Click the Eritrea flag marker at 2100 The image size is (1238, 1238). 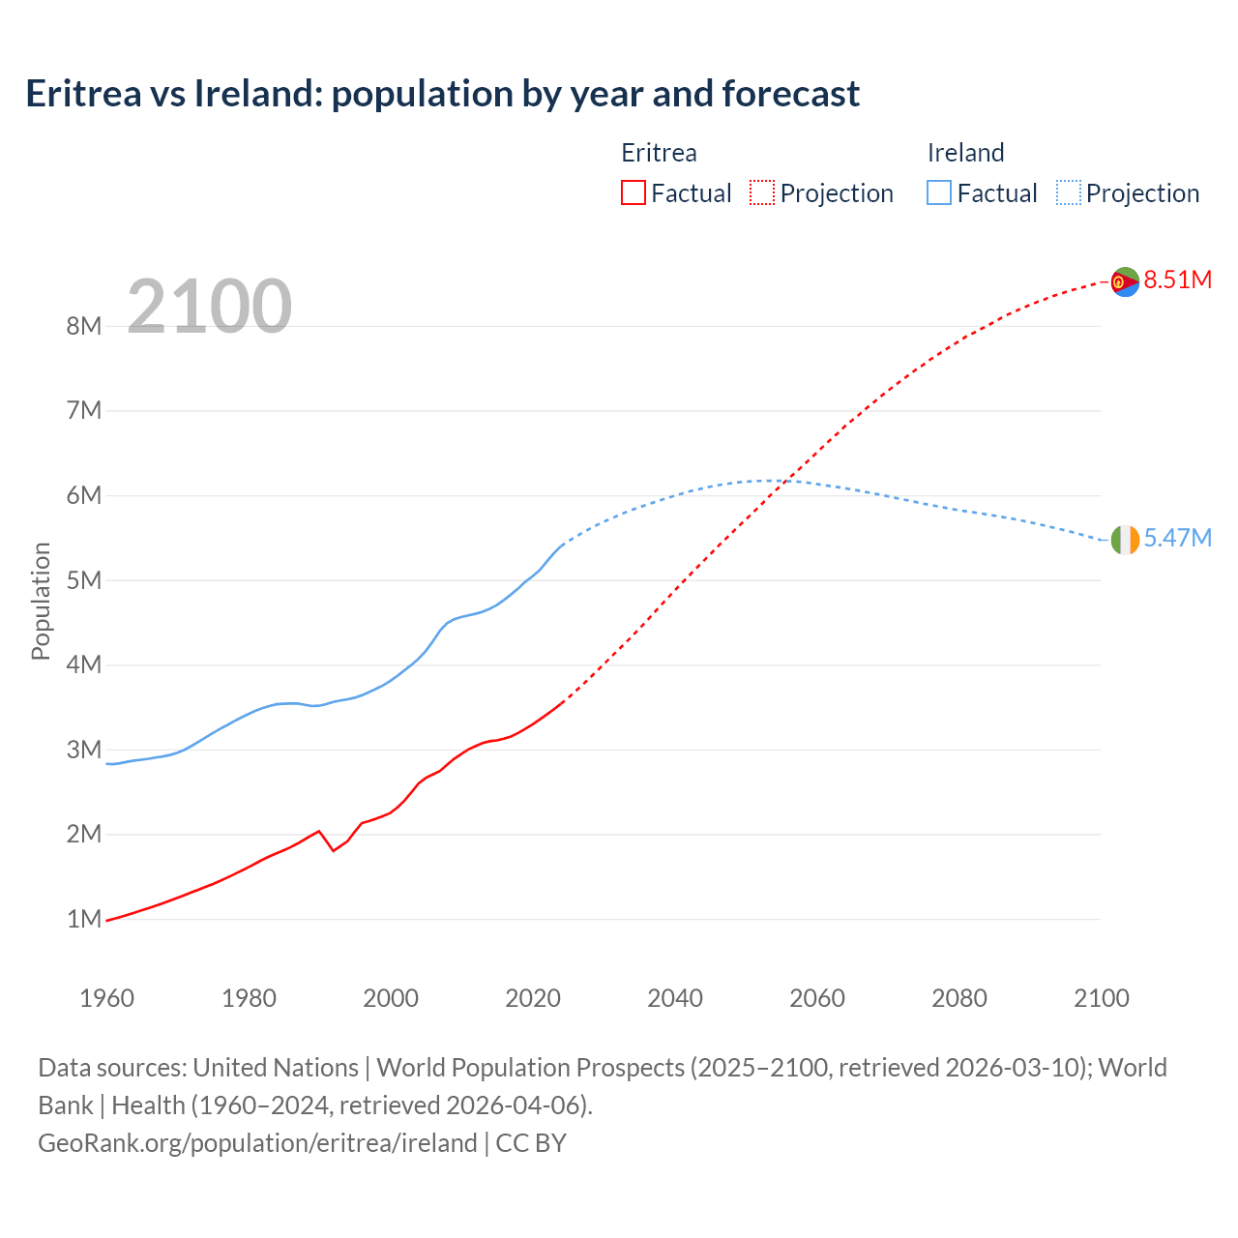1125,281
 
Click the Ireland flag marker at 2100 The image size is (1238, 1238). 1125,540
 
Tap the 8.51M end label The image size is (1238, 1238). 1177,280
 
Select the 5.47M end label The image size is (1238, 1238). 1177,539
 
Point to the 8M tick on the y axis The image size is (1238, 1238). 84,326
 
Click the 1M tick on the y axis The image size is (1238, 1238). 84,919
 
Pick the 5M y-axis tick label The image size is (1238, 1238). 84,580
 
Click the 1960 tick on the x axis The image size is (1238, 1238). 106,998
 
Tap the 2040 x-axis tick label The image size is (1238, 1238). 675,998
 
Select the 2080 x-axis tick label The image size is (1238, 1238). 959,998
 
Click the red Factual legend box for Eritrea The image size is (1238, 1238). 633,192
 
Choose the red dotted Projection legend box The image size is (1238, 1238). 762,192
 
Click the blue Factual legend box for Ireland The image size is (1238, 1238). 939,192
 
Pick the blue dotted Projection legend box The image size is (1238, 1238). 1069,192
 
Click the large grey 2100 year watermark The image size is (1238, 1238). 210,307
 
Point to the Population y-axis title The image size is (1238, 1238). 41,601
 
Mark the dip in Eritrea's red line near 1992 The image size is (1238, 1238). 334,850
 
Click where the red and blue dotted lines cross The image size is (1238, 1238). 787,481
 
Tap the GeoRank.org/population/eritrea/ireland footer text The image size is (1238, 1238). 257,1143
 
